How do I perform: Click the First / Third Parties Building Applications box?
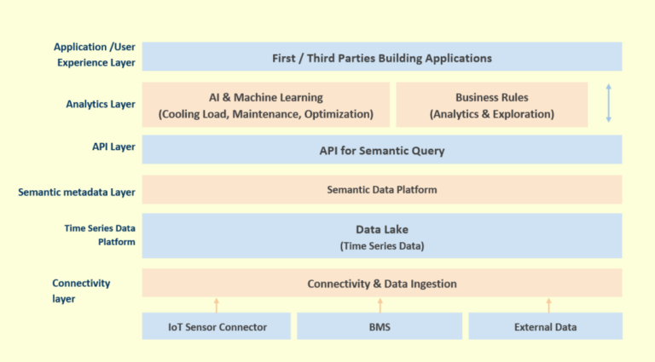(381, 58)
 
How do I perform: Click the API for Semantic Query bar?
(381, 151)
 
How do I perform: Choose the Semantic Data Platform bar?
(381, 189)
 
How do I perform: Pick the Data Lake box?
(381, 237)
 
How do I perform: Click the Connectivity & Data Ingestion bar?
(381, 284)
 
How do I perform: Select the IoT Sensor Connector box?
(216, 326)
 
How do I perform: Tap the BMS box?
(380, 326)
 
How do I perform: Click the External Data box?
(545, 326)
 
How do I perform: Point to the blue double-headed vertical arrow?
(608, 102)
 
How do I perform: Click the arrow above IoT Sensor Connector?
(217, 305)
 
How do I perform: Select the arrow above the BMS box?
(380, 305)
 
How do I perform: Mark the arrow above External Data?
(548, 305)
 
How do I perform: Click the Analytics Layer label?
(101, 105)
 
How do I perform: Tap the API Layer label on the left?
(113, 147)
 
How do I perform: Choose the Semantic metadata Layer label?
(77, 192)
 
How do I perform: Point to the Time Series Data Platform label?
(101, 235)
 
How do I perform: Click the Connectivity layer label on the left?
(81, 290)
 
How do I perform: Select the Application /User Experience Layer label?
(94, 55)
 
